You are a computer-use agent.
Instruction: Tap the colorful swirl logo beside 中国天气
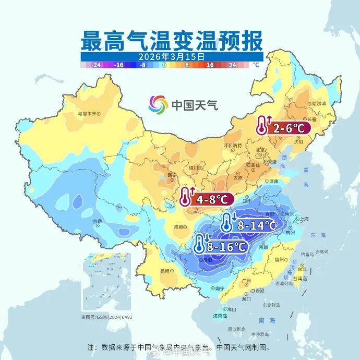158,105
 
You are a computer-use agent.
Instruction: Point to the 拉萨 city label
98,222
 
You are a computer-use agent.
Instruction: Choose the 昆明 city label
165,271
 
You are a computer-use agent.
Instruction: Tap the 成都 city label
179,227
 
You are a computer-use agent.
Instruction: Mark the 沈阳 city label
298,141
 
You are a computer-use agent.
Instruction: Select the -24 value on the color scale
96,65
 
